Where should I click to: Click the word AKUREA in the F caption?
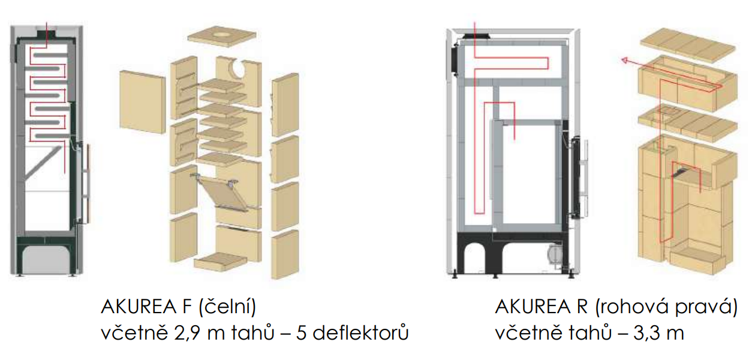(x=139, y=307)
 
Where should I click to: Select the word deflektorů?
(x=361, y=332)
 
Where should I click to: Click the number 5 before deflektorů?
(x=301, y=333)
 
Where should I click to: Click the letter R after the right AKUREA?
(x=582, y=307)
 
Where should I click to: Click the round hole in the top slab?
(x=222, y=34)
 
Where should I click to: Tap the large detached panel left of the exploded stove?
(x=143, y=102)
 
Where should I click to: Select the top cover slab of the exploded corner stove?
(x=688, y=45)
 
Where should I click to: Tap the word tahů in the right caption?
(x=591, y=332)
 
